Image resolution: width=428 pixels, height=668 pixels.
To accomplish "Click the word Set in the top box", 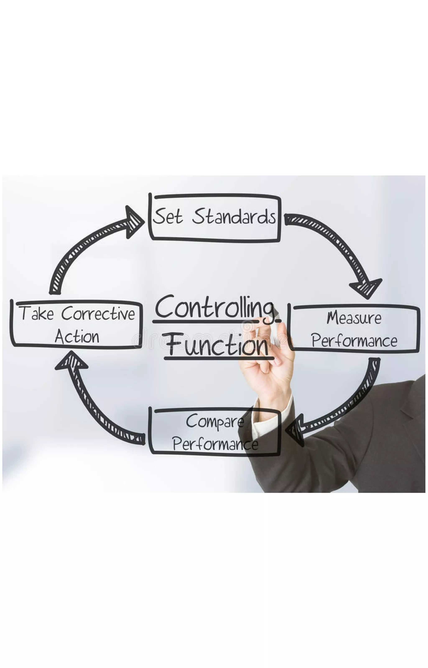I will click(x=168, y=216).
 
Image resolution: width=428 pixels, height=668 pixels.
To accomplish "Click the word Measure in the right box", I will click(x=354, y=318).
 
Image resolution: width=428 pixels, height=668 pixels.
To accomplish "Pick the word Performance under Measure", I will click(x=354, y=341).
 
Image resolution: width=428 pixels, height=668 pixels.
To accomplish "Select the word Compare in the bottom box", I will click(x=215, y=421).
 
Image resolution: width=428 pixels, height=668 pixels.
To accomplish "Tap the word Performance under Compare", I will click(x=215, y=444).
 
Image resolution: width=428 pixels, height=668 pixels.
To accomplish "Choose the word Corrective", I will click(x=98, y=314).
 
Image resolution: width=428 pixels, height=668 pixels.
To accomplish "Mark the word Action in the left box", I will click(x=77, y=337).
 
